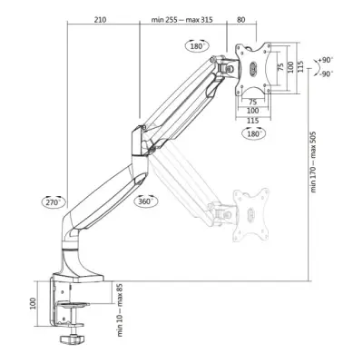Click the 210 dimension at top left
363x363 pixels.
101,16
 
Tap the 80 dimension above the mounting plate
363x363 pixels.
240,16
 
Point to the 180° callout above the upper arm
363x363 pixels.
196,44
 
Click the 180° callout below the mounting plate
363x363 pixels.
255,132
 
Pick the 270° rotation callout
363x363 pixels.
52,201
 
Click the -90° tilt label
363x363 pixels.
327,76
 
